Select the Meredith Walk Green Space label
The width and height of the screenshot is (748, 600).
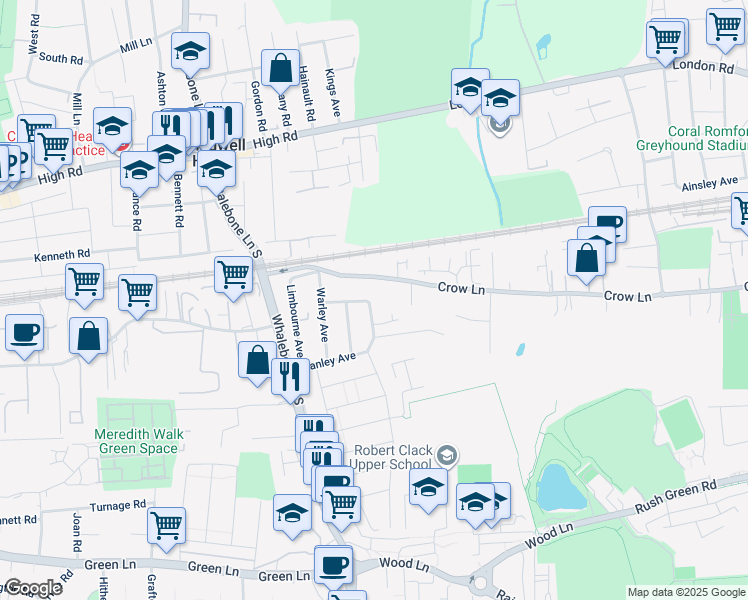137,441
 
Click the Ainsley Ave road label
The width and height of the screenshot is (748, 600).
709,185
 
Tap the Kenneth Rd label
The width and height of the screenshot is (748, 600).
62,255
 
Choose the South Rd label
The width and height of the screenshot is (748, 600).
60,59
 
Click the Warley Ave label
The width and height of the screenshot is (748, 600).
322,313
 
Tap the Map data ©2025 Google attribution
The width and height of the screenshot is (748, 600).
686,592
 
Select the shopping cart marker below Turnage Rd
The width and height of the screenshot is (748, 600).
166,524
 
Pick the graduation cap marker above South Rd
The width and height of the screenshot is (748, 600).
189,51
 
